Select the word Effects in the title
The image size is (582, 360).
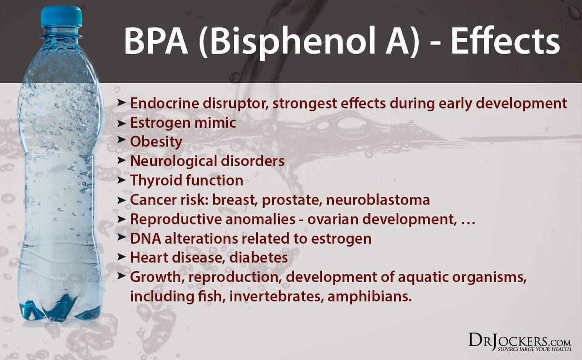click(x=505, y=41)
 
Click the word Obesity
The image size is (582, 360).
click(x=156, y=142)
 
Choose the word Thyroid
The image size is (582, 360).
click(x=156, y=180)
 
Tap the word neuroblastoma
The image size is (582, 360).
click(x=378, y=200)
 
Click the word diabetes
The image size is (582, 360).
click(x=259, y=258)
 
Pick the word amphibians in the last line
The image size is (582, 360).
click(x=370, y=297)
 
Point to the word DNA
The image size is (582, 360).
click(x=145, y=239)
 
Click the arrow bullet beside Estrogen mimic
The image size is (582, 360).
click(x=121, y=124)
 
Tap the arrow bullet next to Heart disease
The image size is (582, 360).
click(x=121, y=257)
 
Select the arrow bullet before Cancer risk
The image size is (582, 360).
click(x=121, y=200)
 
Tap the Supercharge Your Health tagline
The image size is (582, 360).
click(x=534, y=349)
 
